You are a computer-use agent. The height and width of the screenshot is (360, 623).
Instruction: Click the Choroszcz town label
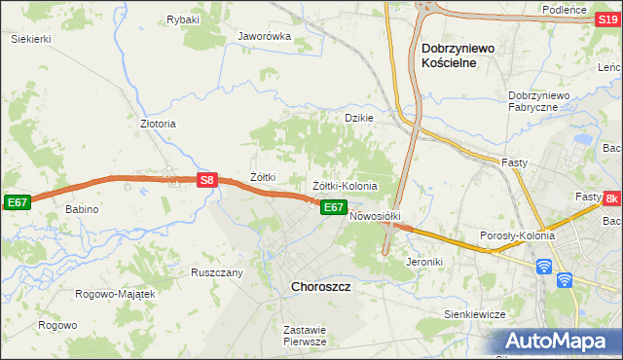coord(321,288)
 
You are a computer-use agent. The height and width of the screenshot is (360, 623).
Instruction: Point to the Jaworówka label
coord(265,37)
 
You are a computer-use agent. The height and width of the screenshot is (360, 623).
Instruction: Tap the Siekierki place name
coord(30,39)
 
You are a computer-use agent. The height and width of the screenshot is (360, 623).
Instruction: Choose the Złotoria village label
coord(158,125)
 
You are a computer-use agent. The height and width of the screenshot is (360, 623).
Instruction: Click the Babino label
coord(83,209)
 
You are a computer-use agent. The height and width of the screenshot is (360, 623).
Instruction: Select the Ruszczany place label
coord(217,272)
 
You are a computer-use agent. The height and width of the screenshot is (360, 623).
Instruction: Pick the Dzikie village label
coord(360,118)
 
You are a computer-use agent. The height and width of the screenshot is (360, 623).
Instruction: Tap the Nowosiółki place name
coord(376,216)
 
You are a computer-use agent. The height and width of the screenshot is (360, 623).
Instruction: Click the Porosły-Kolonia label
coord(518,235)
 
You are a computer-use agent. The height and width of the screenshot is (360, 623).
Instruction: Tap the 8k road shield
coord(611,198)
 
